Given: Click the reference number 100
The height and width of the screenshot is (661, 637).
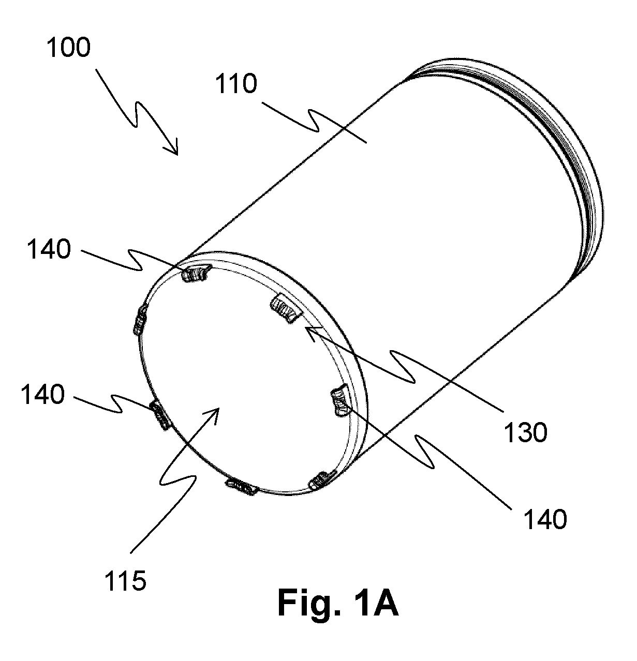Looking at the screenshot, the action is coord(68,48).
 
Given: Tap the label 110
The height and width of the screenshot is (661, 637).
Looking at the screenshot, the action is coord(236,84).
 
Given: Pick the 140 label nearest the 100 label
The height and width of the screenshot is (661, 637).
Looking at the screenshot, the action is coord(49,249).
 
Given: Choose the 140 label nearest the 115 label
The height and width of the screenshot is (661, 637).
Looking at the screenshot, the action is coord(43,394).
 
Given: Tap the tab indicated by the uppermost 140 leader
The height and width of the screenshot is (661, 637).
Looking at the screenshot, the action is coord(195,273).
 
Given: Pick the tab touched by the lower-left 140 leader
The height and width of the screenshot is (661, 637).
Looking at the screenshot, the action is coord(160,415).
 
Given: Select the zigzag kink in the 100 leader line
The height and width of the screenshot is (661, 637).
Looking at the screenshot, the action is coord(136,113).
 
